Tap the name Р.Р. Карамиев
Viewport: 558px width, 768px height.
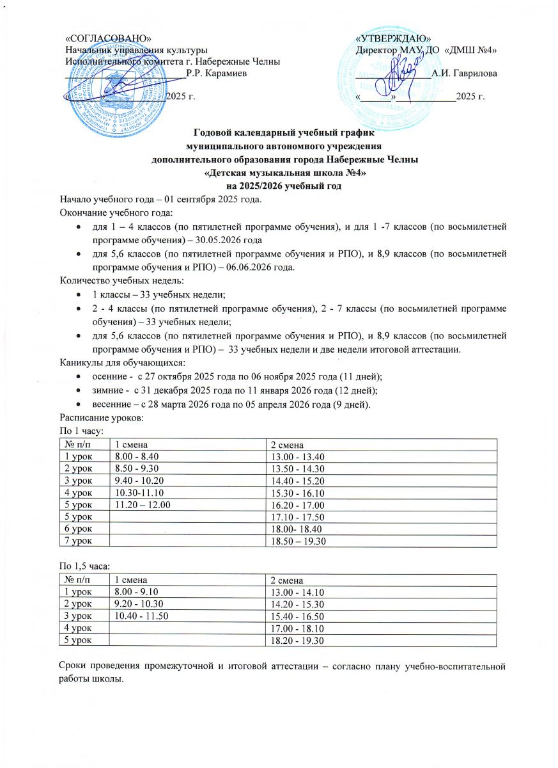click(213, 74)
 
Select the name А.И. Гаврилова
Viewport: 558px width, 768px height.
click(465, 74)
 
